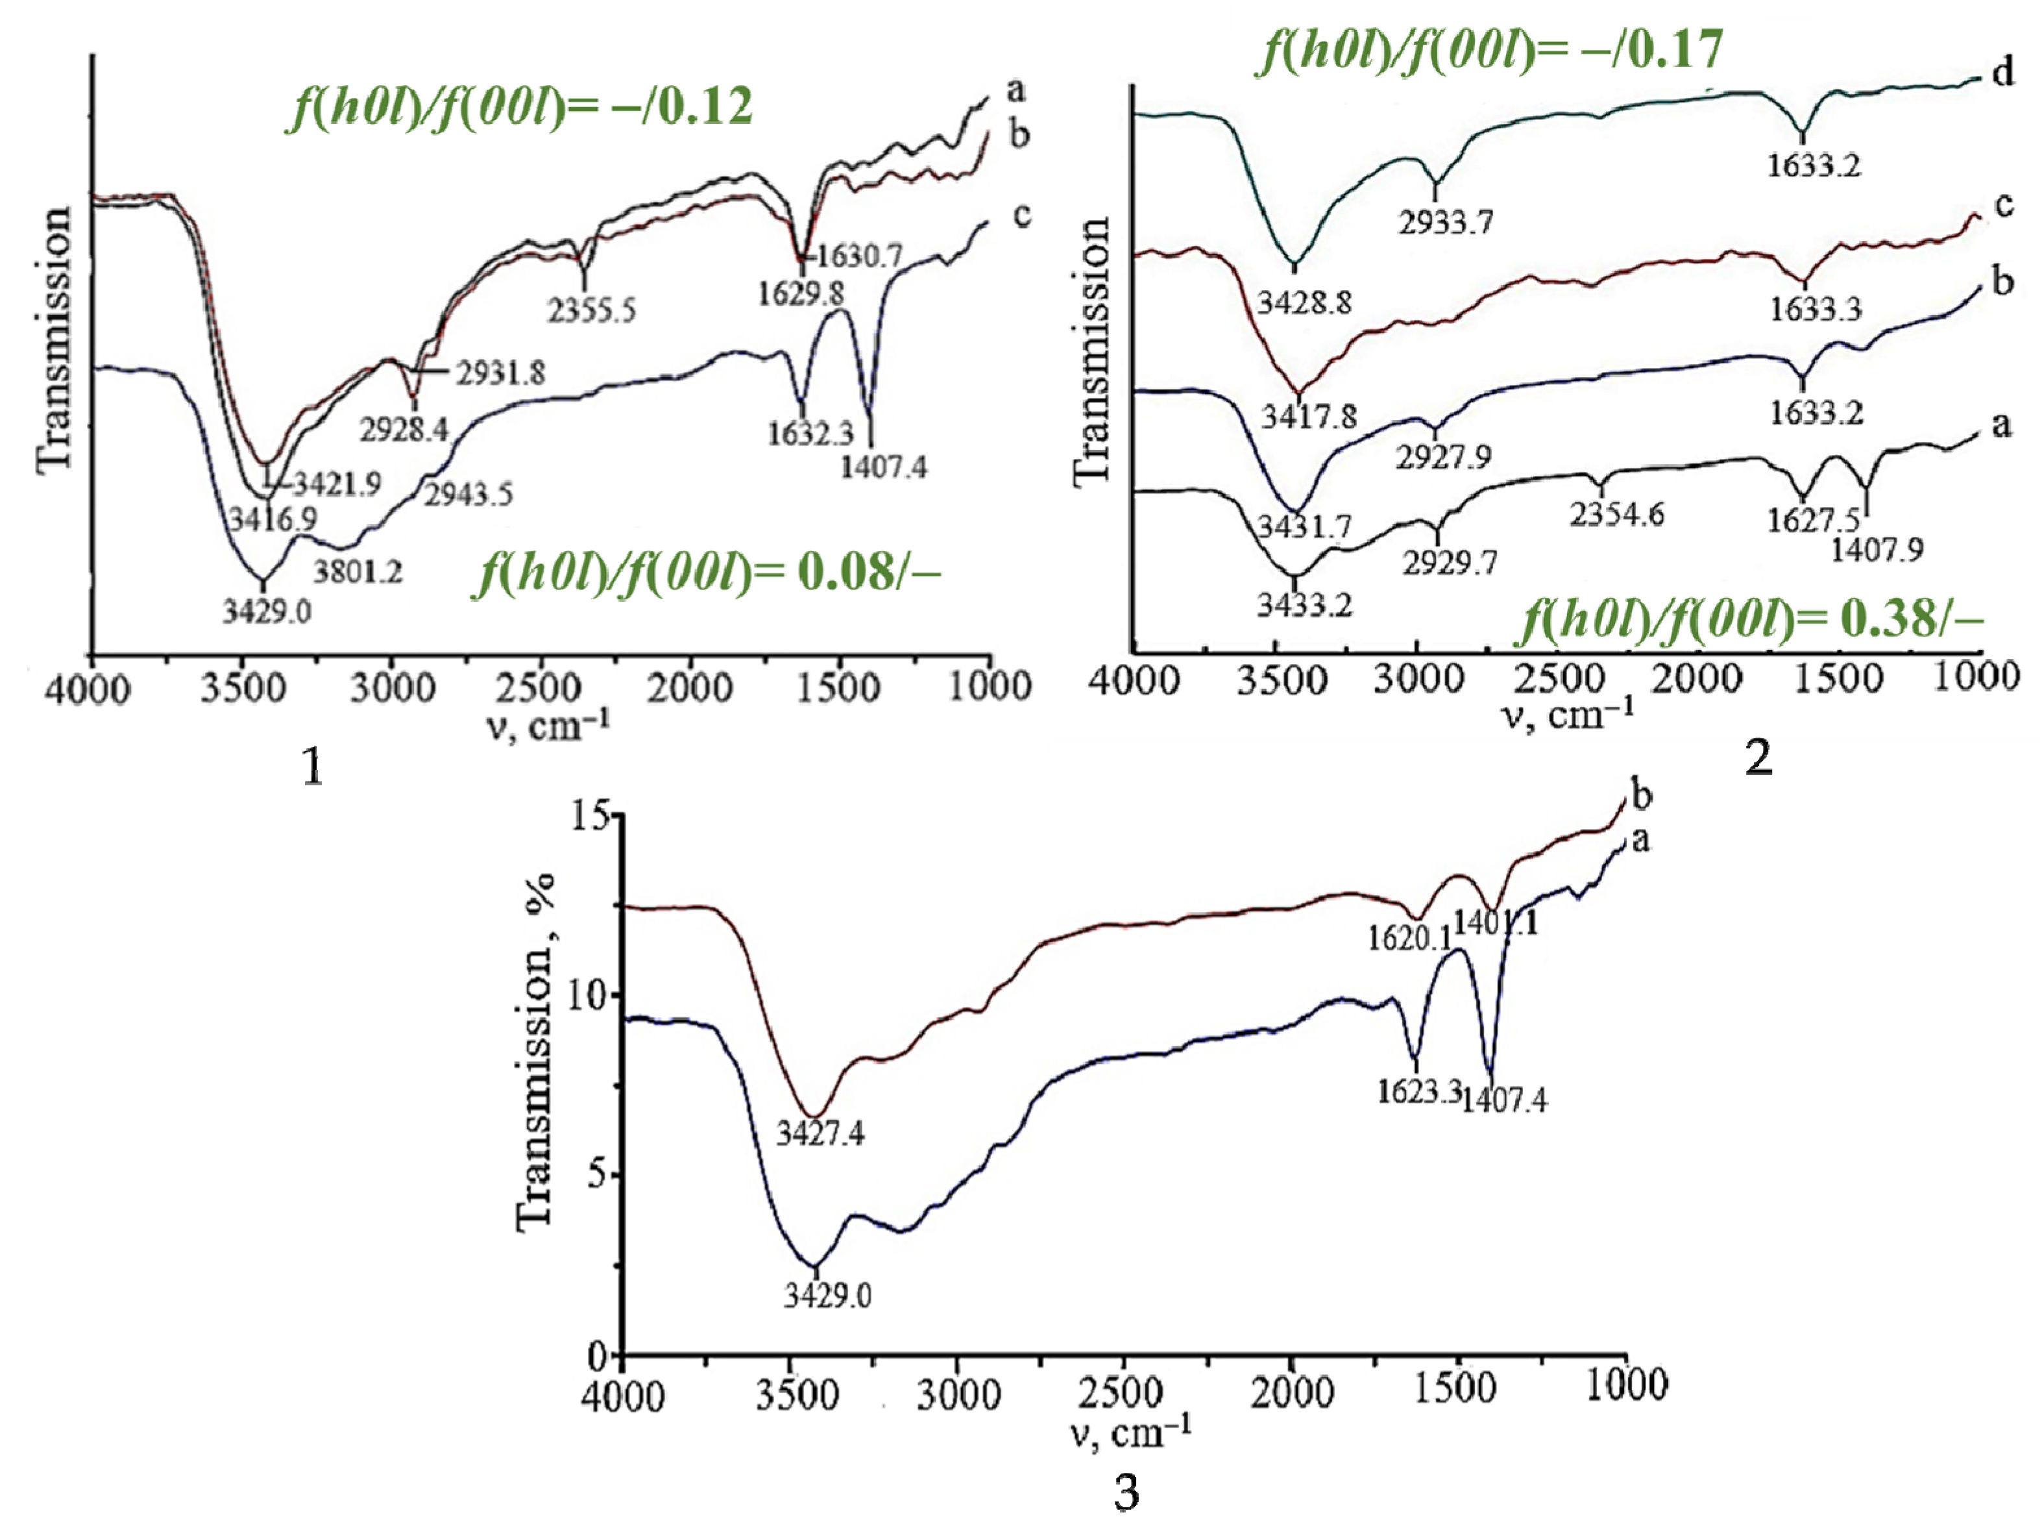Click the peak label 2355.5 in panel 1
tap(592, 310)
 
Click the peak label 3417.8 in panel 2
tap(1309, 417)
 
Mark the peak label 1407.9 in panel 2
tap(1877, 550)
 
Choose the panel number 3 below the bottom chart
tap(1126, 1492)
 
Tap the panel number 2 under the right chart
tap(1758, 757)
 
